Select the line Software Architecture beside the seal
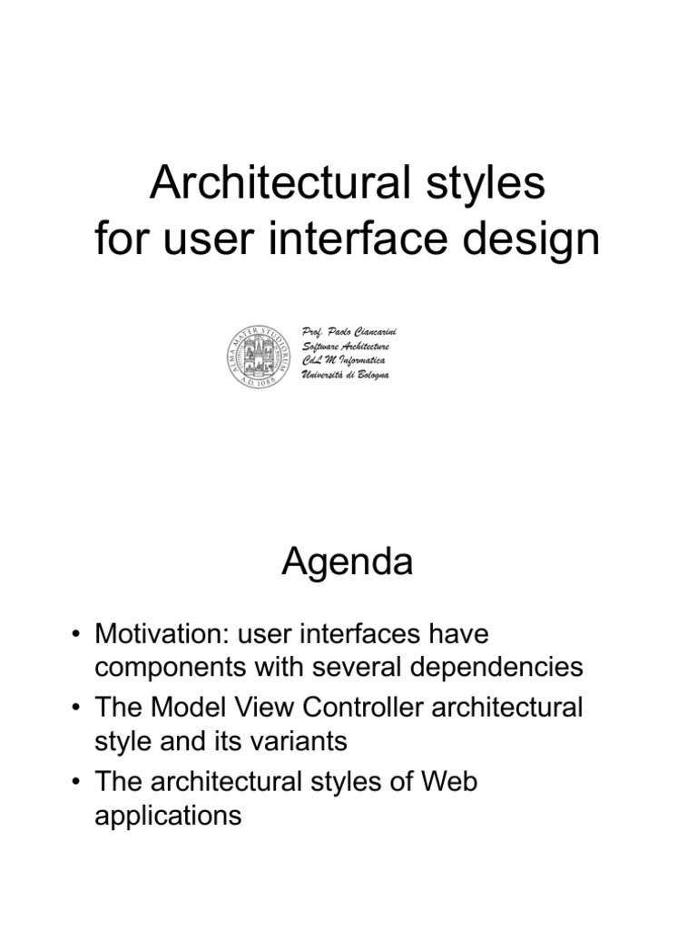coord(345,347)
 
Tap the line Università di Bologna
coord(345,375)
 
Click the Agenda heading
coord(348,563)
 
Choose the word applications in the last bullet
coord(168,815)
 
